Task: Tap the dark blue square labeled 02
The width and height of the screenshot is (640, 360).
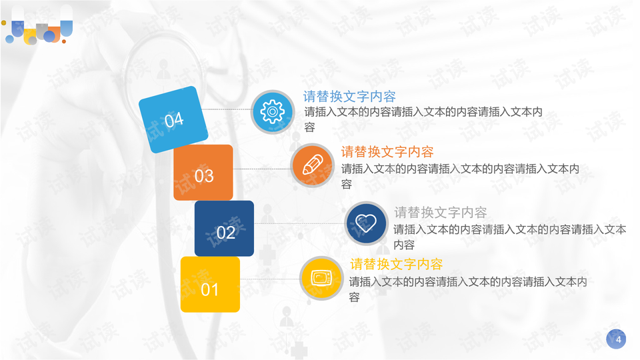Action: tap(224, 229)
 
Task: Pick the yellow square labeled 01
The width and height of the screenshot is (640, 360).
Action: tap(210, 285)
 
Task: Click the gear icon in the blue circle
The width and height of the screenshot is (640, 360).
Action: tap(272, 111)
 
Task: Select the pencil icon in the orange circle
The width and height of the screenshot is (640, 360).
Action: tap(312, 165)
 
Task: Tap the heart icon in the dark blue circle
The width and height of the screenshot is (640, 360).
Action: tap(366, 223)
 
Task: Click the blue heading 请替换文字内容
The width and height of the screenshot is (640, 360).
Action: tap(349, 97)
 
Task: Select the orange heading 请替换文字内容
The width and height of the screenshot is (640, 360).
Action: tap(387, 152)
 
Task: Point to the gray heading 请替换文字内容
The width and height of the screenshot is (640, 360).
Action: tap(441, 213)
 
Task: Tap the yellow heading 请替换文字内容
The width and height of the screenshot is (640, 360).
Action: tap(397, 264)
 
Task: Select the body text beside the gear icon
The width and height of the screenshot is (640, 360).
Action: tap(423, 119)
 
